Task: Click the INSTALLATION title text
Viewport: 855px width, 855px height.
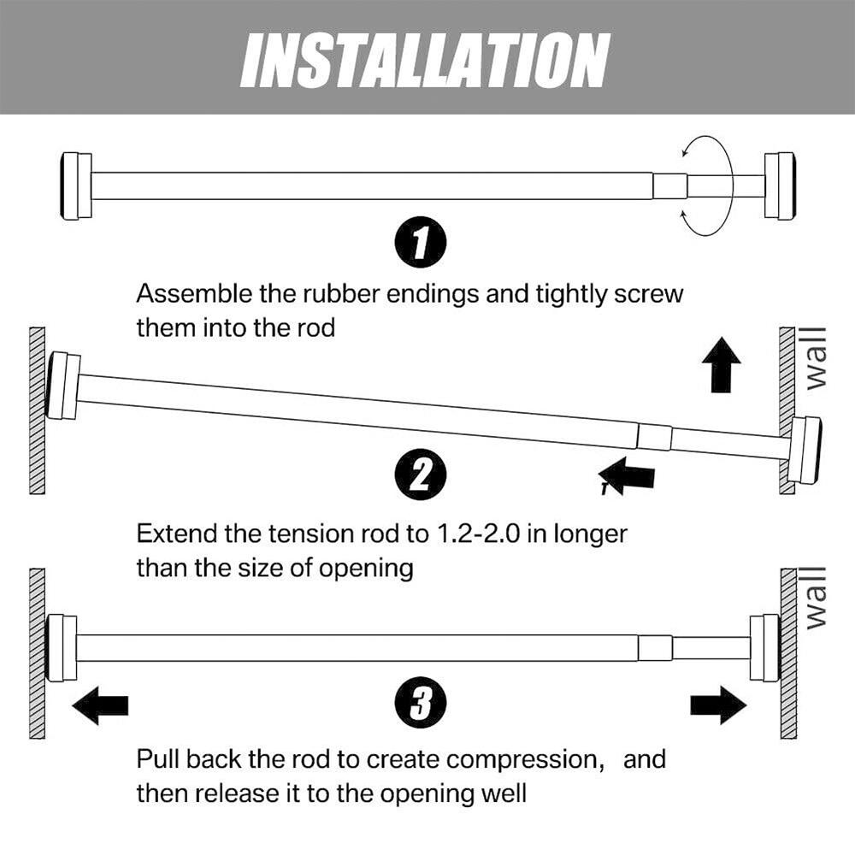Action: pos(425,60)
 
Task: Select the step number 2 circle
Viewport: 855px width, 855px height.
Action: pos(419,475)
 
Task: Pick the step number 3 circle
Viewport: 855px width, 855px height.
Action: pos(419,705)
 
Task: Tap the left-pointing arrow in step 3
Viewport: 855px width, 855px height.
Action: pos(100,705)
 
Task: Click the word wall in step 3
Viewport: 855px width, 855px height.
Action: pos(816,598)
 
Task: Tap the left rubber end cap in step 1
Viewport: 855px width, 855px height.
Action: pos(76,186)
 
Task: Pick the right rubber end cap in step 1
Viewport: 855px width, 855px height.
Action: pos(780,186)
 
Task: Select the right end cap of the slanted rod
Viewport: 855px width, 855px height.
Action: pos(804,450)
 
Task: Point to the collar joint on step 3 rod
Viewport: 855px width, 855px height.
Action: pos(655,648)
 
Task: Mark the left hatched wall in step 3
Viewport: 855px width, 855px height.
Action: pos(37,654)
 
